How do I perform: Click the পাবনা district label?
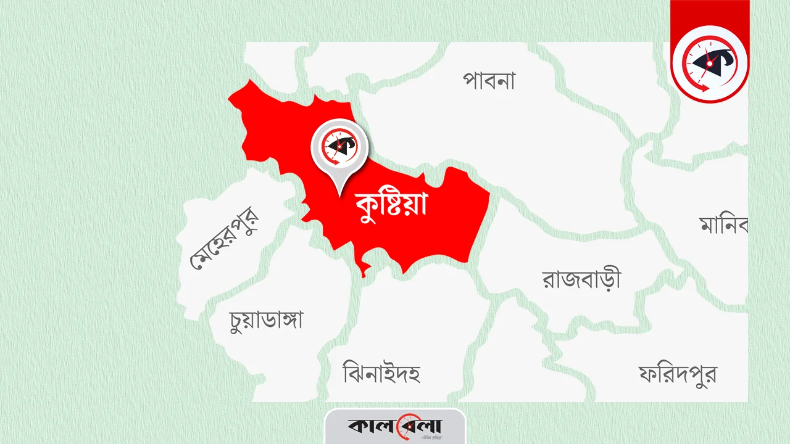point(489,81)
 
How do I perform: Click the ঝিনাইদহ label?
point(381,372)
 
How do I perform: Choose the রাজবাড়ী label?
point(581,279)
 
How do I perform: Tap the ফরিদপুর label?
point(678,373)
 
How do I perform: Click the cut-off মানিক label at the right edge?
point(724,224)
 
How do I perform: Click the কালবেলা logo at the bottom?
point(395,426)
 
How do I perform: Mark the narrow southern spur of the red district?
point(365,269)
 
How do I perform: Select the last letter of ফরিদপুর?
point(708,373)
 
